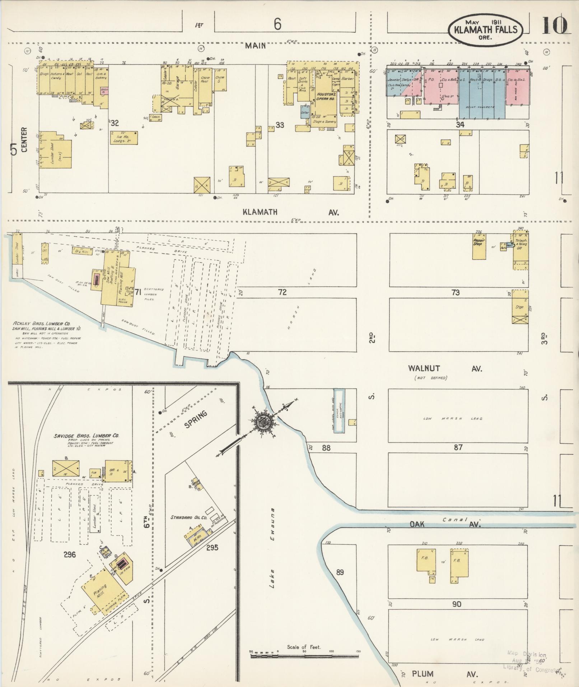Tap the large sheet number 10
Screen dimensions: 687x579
click(x=554, y=26)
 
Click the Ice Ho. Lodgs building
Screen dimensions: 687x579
click(x=123, y=138)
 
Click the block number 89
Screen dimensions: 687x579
click(x=339, y=572)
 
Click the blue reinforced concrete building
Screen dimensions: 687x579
click(x=482, y=97)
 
